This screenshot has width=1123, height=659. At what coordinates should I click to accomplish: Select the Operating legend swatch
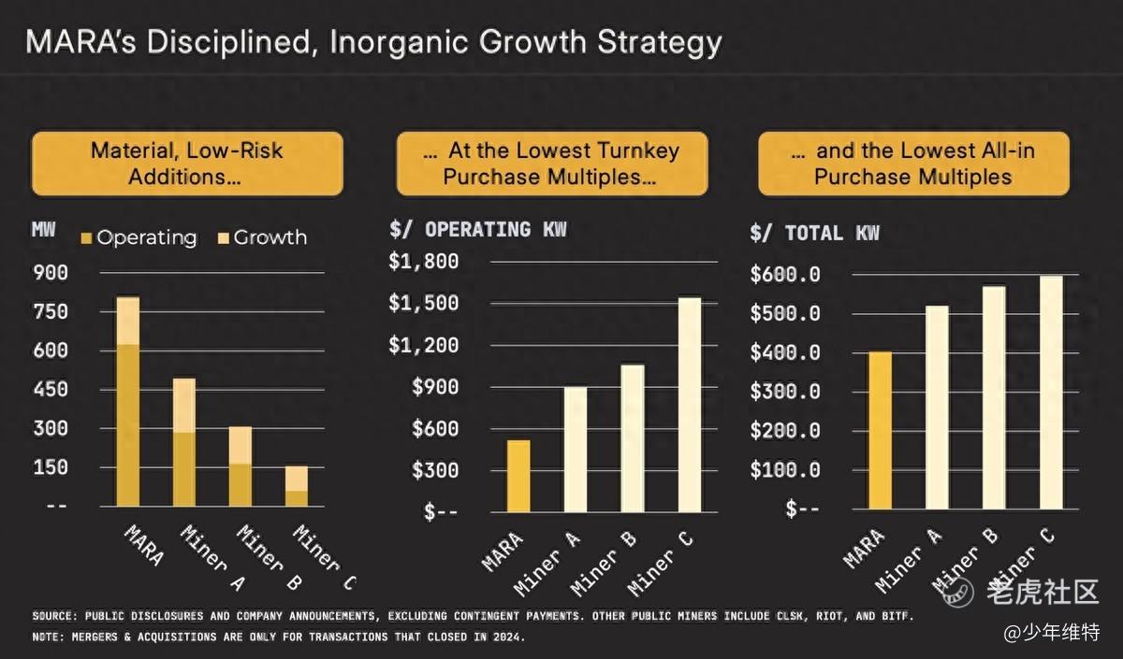coord(87,238)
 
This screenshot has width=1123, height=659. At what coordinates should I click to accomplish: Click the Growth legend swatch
coord(225,238)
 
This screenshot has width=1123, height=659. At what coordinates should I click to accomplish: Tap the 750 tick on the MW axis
coord(51,311)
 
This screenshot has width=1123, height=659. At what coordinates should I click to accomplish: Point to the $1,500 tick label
coord(424,303)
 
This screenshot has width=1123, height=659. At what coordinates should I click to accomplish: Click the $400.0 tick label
coord(785,352)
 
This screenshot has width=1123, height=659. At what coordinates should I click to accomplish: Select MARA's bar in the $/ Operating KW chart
coord(518,476)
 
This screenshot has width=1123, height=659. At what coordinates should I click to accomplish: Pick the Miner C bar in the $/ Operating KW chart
coord(690,405)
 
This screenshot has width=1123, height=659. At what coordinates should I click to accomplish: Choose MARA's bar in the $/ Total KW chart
coord(880,430)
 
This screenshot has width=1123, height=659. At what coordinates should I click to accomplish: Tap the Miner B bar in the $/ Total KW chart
coord(994,397)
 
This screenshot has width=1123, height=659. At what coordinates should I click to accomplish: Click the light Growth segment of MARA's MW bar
coord(127,321)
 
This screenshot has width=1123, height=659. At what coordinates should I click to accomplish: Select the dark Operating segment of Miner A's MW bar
coord(184,468)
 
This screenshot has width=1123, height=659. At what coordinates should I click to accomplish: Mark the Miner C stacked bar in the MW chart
coord(297,485)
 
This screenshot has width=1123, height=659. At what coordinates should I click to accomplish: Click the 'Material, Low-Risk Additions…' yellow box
coord(187,164)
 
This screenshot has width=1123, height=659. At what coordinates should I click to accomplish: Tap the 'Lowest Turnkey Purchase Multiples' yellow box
coord(551,164)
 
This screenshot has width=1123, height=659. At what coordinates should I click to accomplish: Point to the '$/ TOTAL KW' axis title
coord(814,233)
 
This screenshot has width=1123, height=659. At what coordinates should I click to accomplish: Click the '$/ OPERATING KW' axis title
coord(477,230)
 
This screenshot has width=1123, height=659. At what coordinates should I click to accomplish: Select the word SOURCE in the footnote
coord(54,617)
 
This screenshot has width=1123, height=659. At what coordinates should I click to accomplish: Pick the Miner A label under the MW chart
coord(205,559)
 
